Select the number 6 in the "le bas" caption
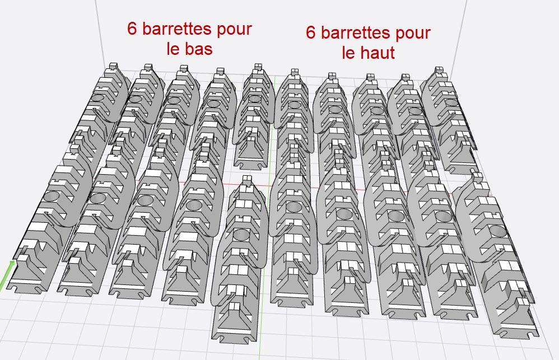click(132, 29)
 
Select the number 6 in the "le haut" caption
click(311, 32)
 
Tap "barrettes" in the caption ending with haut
click(356, 32)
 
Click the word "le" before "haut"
click(348, 53)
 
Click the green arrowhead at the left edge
click(12, 263)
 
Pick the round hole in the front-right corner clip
click(498, 232)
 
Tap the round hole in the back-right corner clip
click(451, 102)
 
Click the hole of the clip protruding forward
click(242, 234)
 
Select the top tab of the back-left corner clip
click(113, 66)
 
